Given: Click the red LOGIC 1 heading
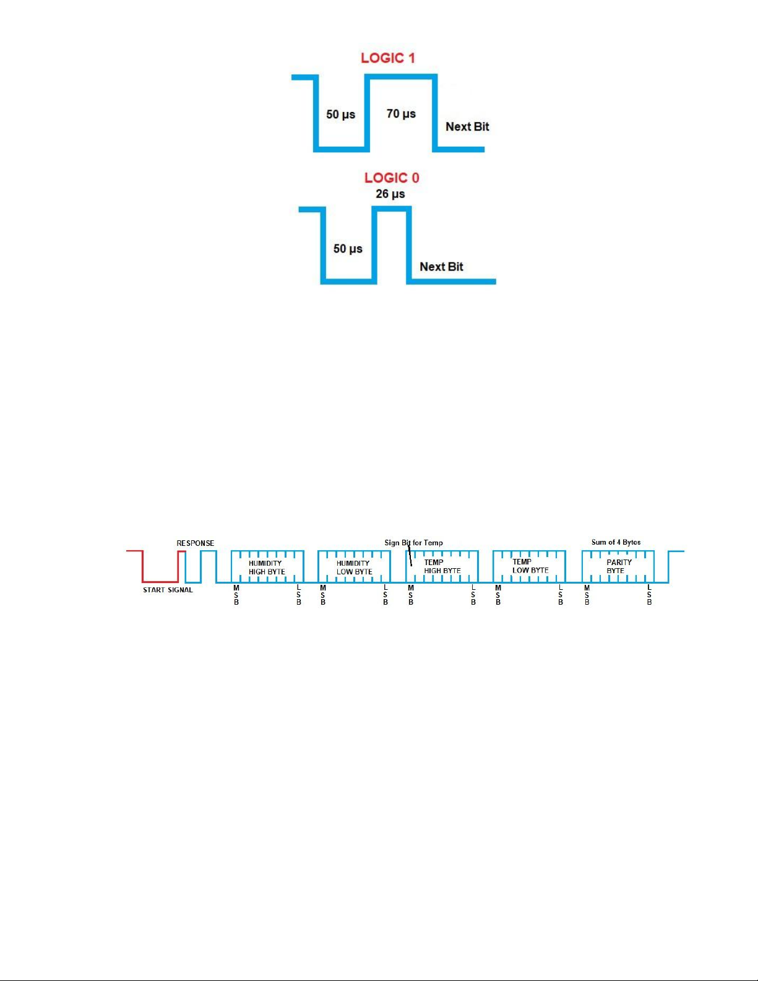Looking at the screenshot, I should (388, 58).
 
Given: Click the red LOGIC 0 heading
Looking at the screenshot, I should (392, 178).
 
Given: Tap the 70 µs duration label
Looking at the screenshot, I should (401, 114).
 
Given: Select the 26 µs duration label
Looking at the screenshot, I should (390, 194).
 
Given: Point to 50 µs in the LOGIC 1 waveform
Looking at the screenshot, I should (341, 115).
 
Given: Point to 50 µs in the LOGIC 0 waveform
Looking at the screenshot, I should (348, 249).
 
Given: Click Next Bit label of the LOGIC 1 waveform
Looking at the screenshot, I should (467, 127).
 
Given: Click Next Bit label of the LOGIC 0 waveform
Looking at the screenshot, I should (441, 267).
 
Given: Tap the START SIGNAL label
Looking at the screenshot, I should (168, 590).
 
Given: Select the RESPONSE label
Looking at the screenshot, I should (196, 543).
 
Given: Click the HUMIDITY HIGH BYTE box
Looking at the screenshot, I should (267, 567).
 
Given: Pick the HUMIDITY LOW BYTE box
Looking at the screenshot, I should (354, 567).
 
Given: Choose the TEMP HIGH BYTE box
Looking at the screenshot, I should (442, 566).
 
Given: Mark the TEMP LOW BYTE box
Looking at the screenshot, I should (530, 566).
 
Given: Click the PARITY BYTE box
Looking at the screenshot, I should (618, 566).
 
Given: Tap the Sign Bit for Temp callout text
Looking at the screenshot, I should (413, 543).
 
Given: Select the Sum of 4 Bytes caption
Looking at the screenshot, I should (616, 542).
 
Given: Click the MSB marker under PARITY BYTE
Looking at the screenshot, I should (587, 595).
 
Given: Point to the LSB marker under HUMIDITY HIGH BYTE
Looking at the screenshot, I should (299, 595).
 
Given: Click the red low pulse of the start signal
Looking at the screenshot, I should (160, 581).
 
